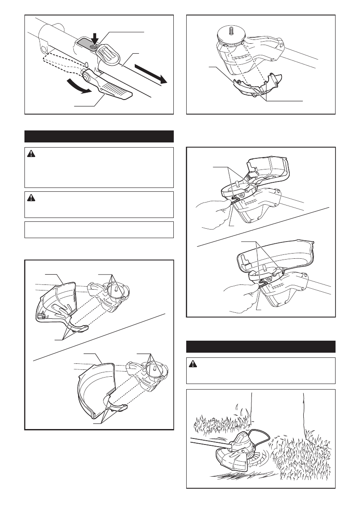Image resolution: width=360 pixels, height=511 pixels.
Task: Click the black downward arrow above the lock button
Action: tap(95, 39)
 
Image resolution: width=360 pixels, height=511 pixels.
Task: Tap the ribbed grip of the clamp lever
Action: tap(115, 91)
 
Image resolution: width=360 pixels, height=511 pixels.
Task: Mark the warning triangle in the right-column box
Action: tap(194, 364)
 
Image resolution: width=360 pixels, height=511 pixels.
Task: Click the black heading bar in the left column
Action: tap(99, 136)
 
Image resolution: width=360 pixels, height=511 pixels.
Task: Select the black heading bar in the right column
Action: tap(260, 346)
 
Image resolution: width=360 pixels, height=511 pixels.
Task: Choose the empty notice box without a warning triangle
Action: tap(99, 230)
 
